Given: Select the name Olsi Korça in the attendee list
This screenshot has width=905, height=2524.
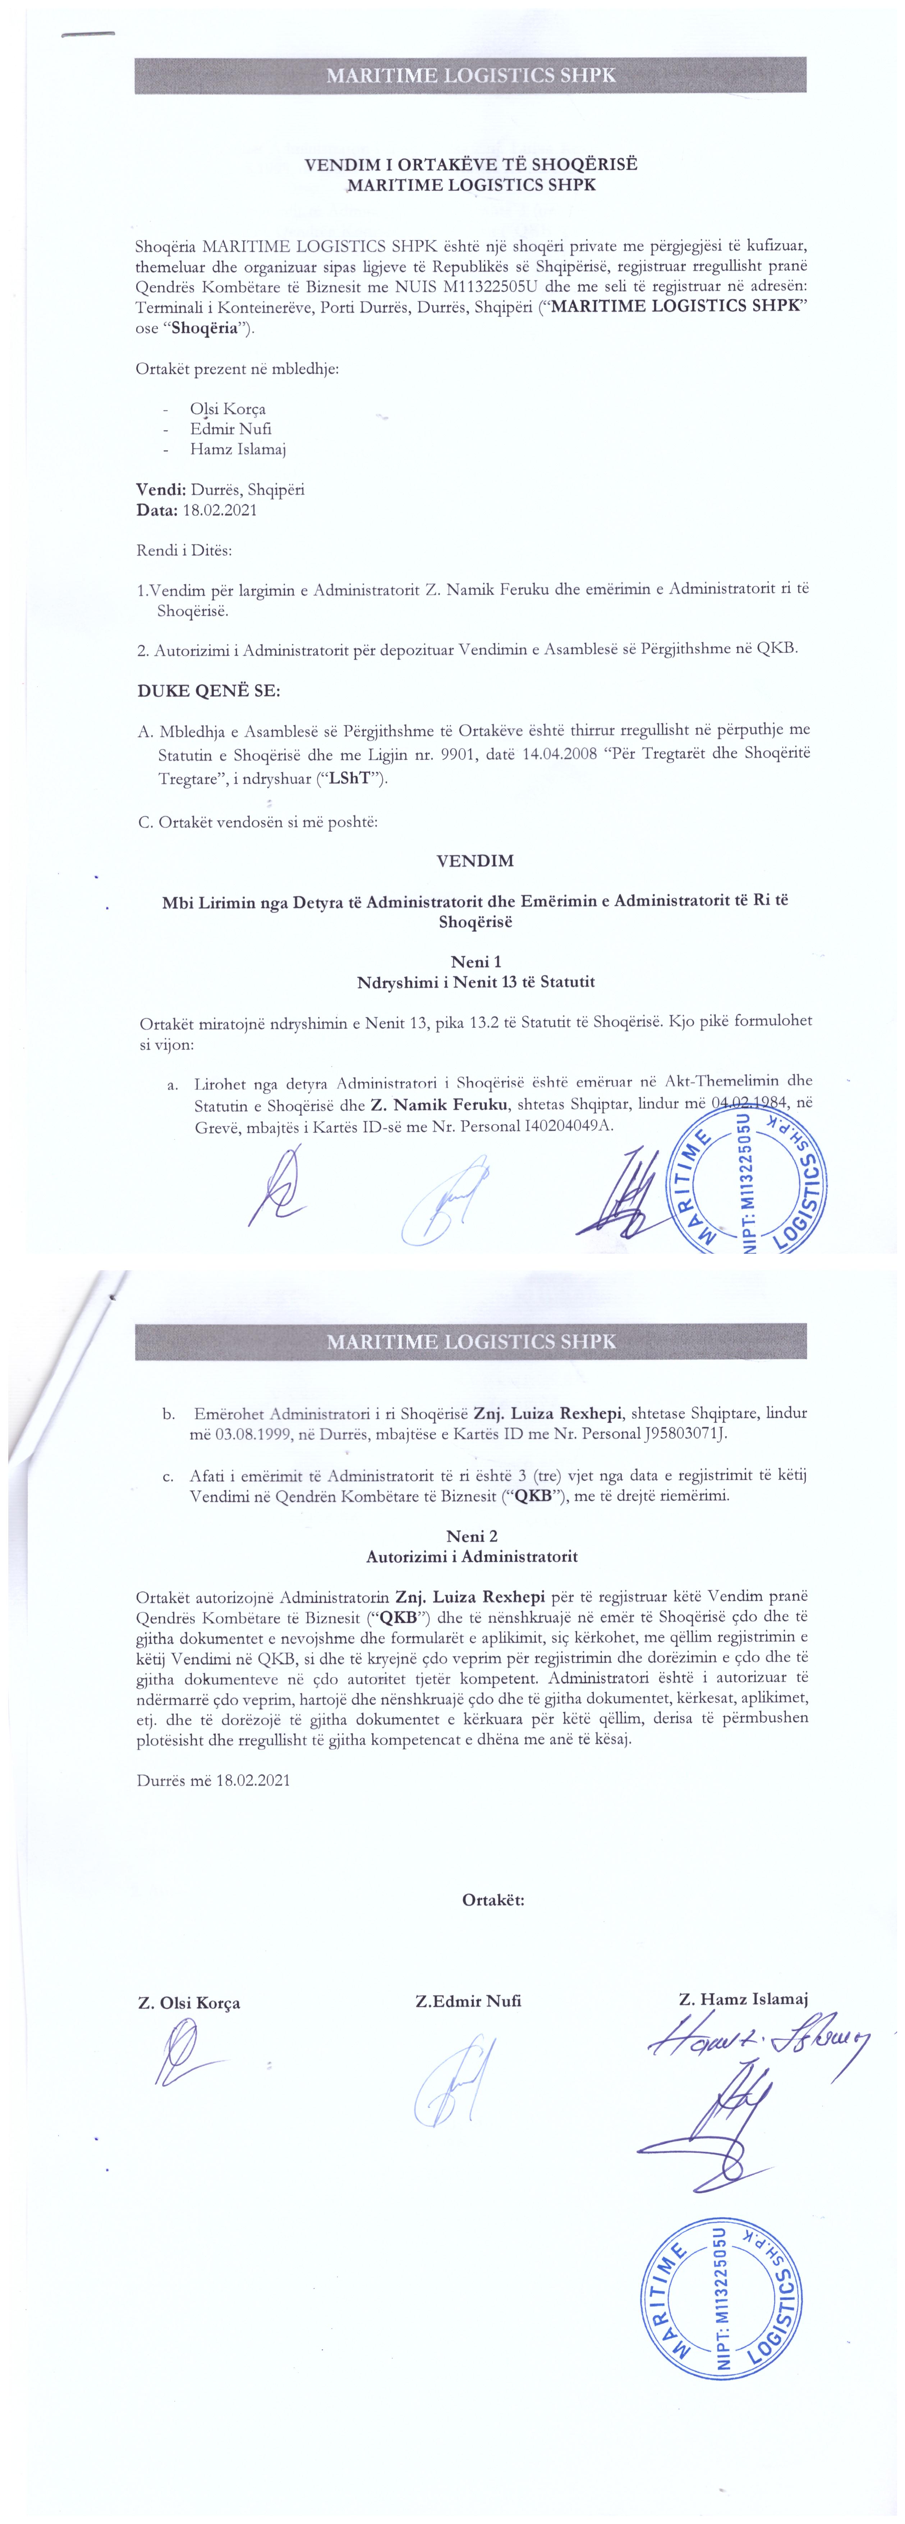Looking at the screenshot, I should pyautogui.click(x=228, y=408).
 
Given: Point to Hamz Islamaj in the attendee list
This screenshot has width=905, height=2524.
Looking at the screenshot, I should pyautogui.click(x=238, y=449).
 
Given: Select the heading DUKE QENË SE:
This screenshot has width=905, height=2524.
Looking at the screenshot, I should pyautogui.click(x=208, y=691).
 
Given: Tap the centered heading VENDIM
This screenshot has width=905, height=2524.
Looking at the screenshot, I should pyautogui.click(x=475, y=861).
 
